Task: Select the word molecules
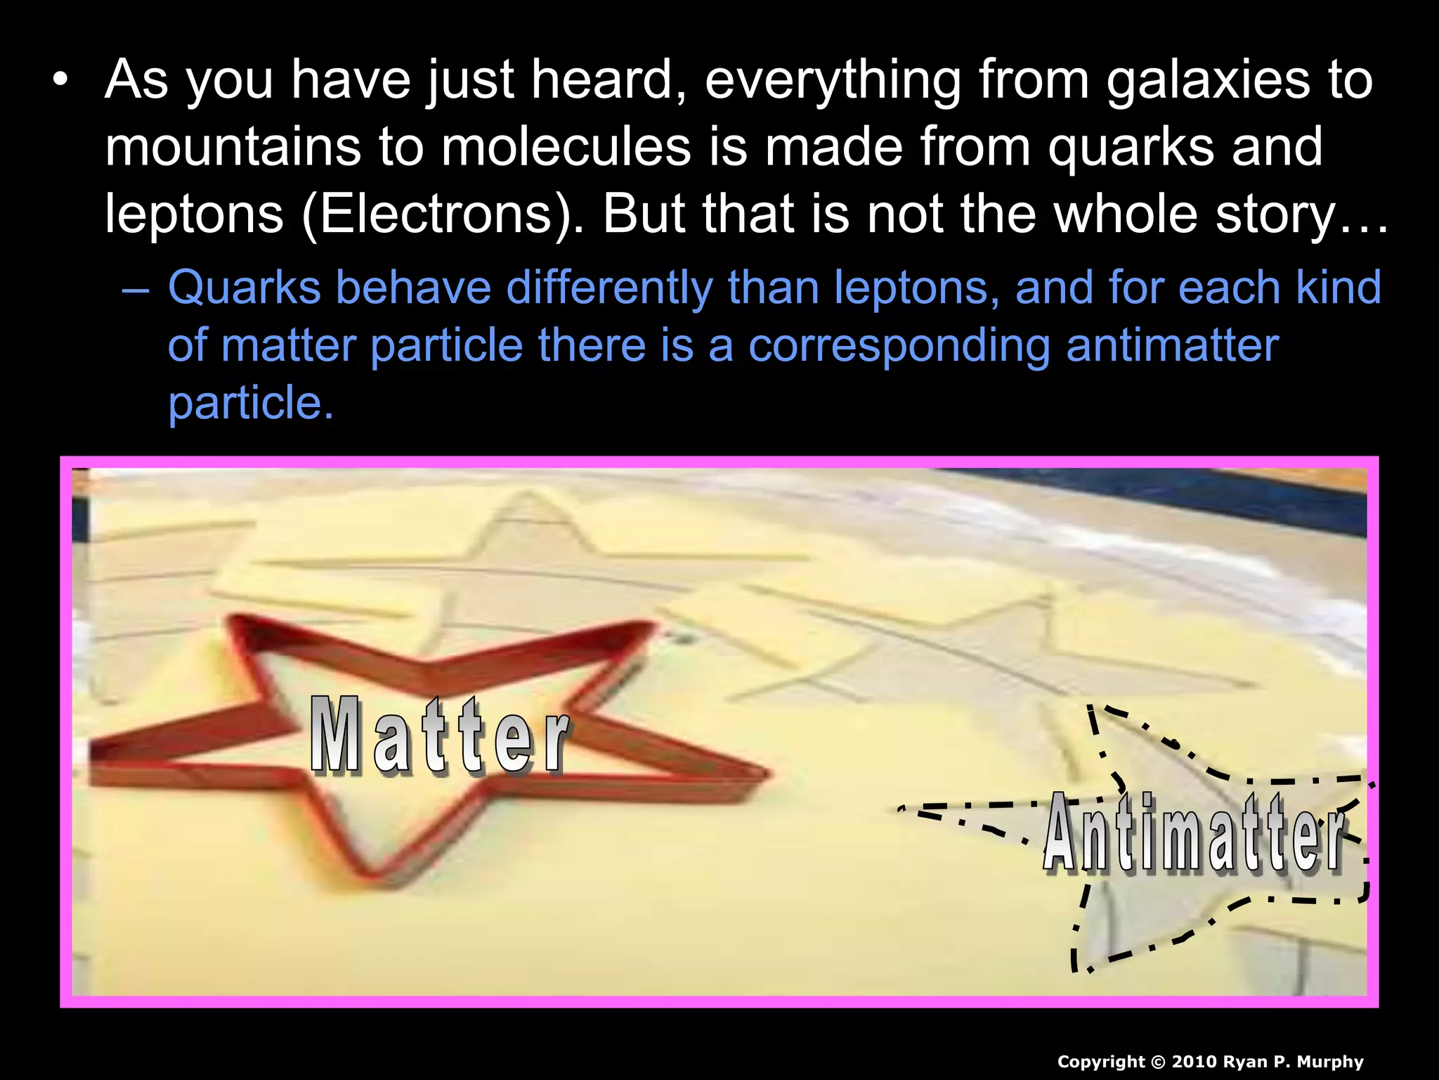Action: (x=566, y=147)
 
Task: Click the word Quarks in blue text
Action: (x=244, y=288)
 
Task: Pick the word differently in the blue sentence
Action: (x=608, y=288)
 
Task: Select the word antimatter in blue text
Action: (x=1172, y=345)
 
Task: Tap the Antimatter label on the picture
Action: (x=1194, y=834)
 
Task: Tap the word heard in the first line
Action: (x=608, y=80)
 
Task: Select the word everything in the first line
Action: (x=832, y=80)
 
